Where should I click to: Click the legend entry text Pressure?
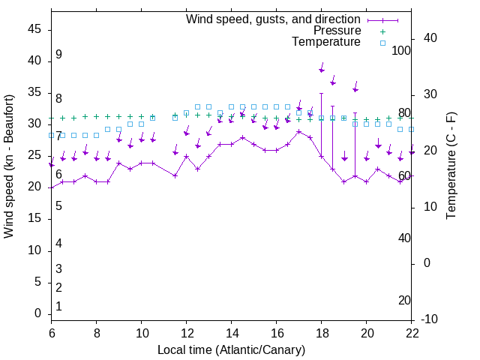[x=337, y=31]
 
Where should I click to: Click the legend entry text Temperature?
[x=326, y=43]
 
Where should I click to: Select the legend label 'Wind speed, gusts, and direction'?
[x=274, y=19]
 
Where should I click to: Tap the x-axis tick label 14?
[x=232, y=333]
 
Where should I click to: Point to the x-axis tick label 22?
[x=412, y=333]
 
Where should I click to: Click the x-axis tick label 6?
[x=52, y=333]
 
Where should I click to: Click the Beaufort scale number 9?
[x=58, y=55]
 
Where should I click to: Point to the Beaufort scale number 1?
[x=58, y=307]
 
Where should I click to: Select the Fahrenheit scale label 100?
[x=401, y=50]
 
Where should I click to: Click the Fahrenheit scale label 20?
[x=404, y=301]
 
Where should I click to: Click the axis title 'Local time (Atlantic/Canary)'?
[x=231, y=349]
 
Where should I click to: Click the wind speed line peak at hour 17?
[x=299, y=131]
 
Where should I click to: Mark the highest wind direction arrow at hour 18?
[x=322, y=68]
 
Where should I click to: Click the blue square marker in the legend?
[x=382, y=43]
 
